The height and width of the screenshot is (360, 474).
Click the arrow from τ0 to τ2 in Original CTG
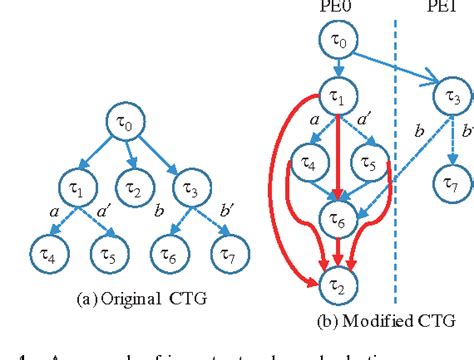pyautogui.click(x=130, y=158)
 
